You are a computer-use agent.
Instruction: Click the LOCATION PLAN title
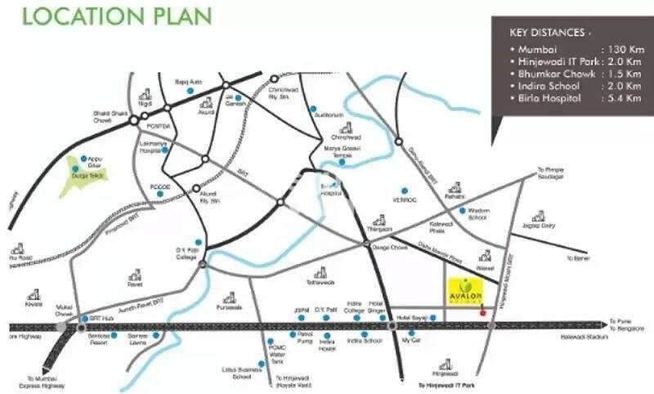pyautogui.click(x=117, y=16)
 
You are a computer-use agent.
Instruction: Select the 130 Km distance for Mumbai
pyautogui.click(x=619, y=50)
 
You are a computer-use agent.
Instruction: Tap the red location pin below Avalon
pyautogui.click(x=483, y=311)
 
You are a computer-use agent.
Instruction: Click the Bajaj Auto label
pyautogui.click(x=189, y=82)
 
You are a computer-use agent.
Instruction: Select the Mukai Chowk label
pyautogui.click(x=65, y=309)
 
